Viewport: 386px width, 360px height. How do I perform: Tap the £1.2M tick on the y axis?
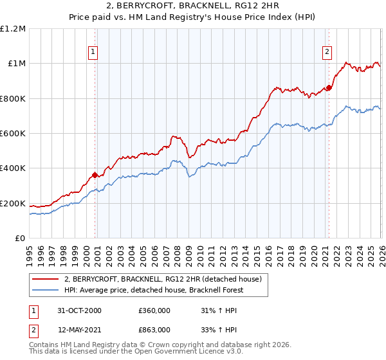[13, 29]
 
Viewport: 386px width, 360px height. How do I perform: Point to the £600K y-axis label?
[13, 134]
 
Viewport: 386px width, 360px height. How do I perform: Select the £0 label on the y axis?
[19, 239]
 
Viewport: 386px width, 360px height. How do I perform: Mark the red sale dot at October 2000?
[95, 175]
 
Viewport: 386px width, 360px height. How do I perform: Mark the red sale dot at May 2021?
[329, 87]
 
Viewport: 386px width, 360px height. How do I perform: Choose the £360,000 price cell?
[155, 310]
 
